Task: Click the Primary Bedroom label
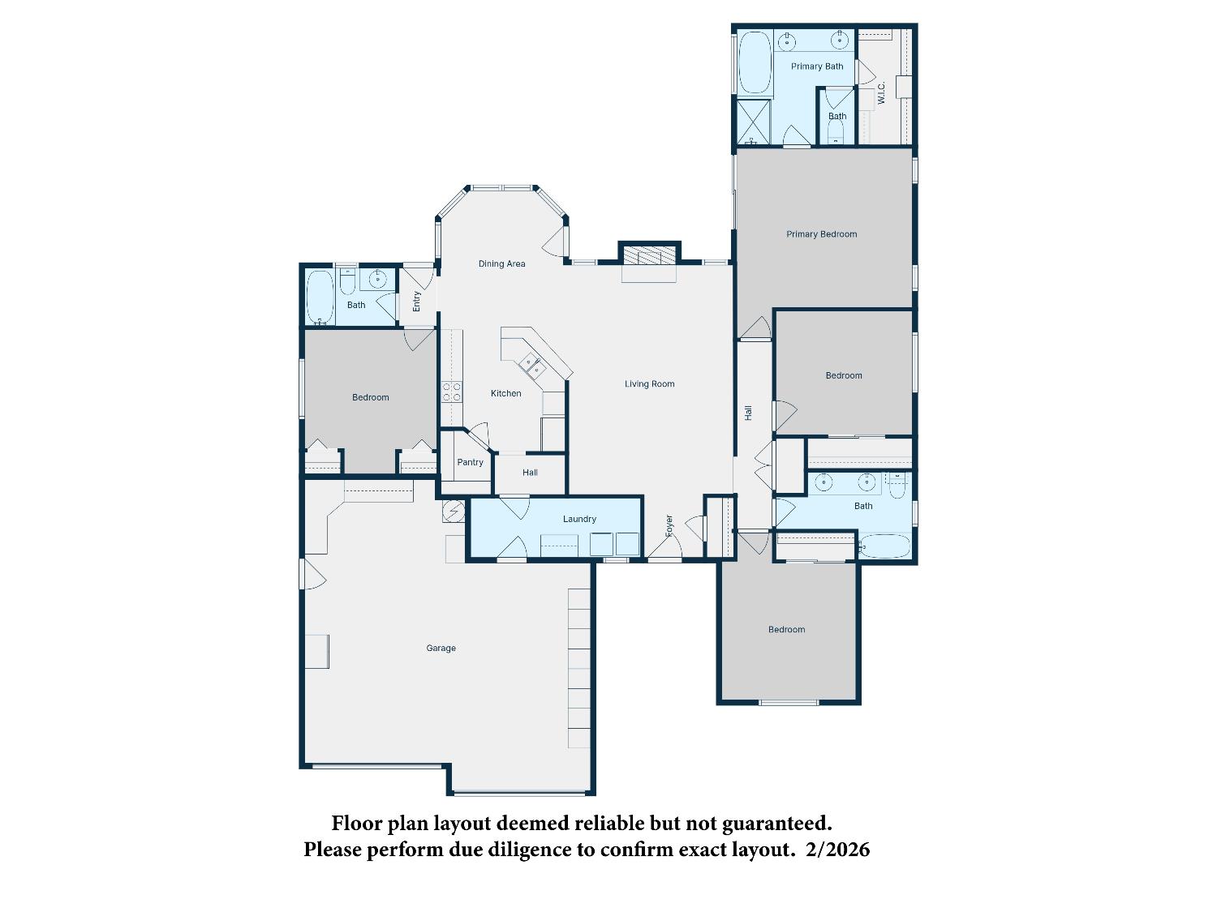point(821,234)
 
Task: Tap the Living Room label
point(649,383)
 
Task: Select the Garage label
point(441,648)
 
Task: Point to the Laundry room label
point(579,519)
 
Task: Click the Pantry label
point(470,462)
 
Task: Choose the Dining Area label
point(501,263)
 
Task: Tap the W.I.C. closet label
point(882,92)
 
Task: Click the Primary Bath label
point(817,66)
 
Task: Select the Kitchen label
point(505,393)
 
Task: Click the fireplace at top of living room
point(649,255)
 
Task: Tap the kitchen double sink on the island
point(532,365)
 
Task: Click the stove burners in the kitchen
point(452,392)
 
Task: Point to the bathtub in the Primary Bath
point(755,62)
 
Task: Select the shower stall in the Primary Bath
point(754,122)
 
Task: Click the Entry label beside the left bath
point(416,302)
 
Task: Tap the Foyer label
point(669,525)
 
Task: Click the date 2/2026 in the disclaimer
point(838,849)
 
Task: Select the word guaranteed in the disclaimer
point(776,824)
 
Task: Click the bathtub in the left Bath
point(320,297)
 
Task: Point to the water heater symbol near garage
point(454,511)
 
